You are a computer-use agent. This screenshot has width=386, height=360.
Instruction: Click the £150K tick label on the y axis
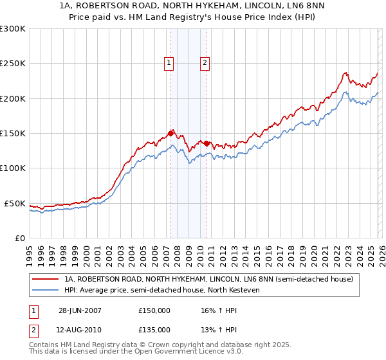(x=13, y=133)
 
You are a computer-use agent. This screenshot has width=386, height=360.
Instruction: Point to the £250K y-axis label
(x=13, y=64)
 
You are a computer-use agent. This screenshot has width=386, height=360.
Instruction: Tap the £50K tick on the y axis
(x=15, y=203)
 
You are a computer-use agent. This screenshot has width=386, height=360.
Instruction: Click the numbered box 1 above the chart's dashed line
(x=169, y=63)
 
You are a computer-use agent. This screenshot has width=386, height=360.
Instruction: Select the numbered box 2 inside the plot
(x=205, y=63)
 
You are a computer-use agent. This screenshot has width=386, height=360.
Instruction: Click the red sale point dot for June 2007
(x=171, y=133)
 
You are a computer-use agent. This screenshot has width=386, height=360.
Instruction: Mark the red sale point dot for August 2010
(x=207, y=143)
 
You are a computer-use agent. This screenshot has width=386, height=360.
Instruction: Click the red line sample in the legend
(x=46, y=280)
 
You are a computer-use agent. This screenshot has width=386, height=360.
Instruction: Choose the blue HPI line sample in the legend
(x=46, y=291)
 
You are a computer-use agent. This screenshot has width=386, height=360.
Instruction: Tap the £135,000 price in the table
(x=154, y=329)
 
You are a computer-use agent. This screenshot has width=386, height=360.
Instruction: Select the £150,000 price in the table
(x=154, y=310)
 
